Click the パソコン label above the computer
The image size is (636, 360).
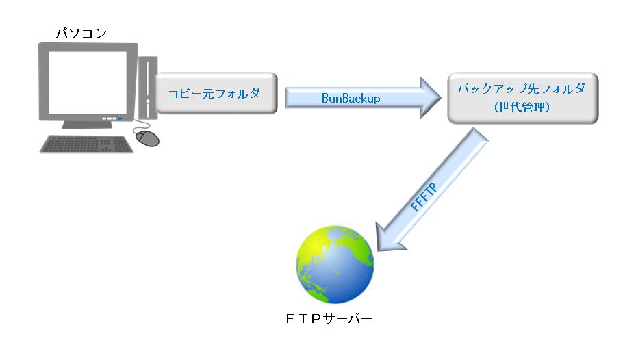click(80, 33)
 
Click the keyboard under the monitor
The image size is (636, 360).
click(86, 144)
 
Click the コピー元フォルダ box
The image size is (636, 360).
click(216, 93)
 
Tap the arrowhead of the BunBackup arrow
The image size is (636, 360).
click(430, 97)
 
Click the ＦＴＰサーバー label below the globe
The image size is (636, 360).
click(328, 318)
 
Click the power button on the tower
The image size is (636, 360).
click(147, 101)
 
